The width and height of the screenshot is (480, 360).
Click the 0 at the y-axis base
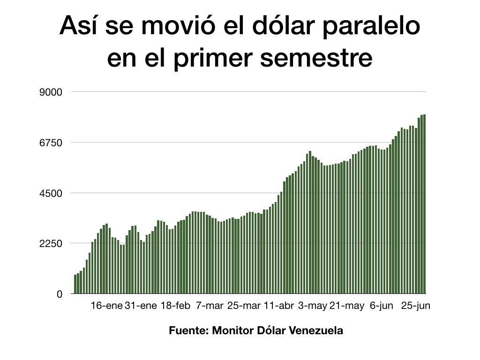[60, 294]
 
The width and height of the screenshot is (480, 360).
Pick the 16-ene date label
[106, 306]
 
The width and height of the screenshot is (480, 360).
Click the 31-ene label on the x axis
[141, 306]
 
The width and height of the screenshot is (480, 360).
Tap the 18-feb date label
[175, 306]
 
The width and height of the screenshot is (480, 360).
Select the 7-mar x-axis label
[210, 306]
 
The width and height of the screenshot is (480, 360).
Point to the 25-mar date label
[244, 306]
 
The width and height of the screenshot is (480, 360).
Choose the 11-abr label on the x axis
[278, 306]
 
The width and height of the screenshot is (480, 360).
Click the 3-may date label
[313, 306]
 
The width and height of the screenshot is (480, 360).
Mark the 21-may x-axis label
[347, 306]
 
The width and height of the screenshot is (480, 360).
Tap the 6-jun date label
[381, 306]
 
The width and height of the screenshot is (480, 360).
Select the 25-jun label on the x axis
[415, 306]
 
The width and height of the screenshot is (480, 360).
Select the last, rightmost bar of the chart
[424, 204]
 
